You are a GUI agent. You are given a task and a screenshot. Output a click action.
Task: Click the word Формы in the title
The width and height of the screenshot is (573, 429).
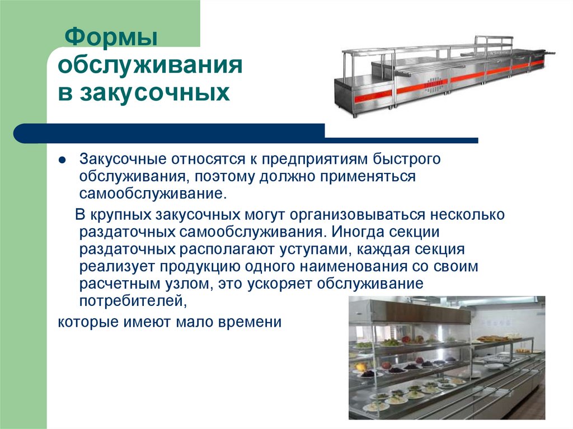coord(110,40)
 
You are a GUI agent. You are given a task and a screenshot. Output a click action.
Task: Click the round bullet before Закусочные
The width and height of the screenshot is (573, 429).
coord(63,159)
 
